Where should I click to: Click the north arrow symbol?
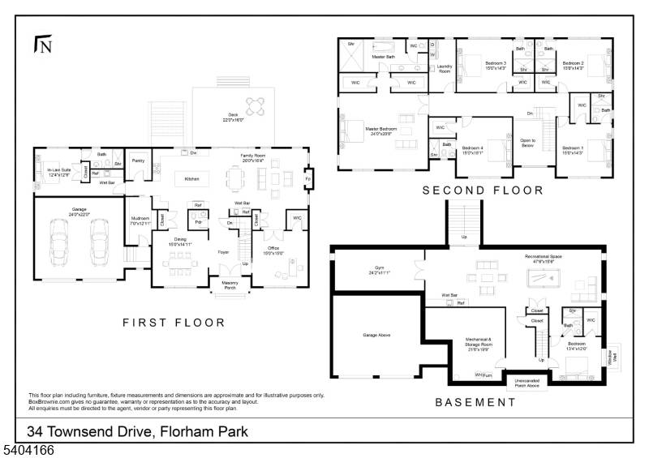pos(42,45)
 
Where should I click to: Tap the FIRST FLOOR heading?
pos(174,323)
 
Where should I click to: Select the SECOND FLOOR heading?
pos(483,190)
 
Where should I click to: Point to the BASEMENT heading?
pos(475,402)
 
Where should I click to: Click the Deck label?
pos(234,118)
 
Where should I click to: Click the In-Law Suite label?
pos(49,172)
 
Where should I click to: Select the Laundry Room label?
pos(444,69)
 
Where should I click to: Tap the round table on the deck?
pos(256,105)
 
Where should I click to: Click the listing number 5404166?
pos(28,448)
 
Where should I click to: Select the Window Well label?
pos(612,354)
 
